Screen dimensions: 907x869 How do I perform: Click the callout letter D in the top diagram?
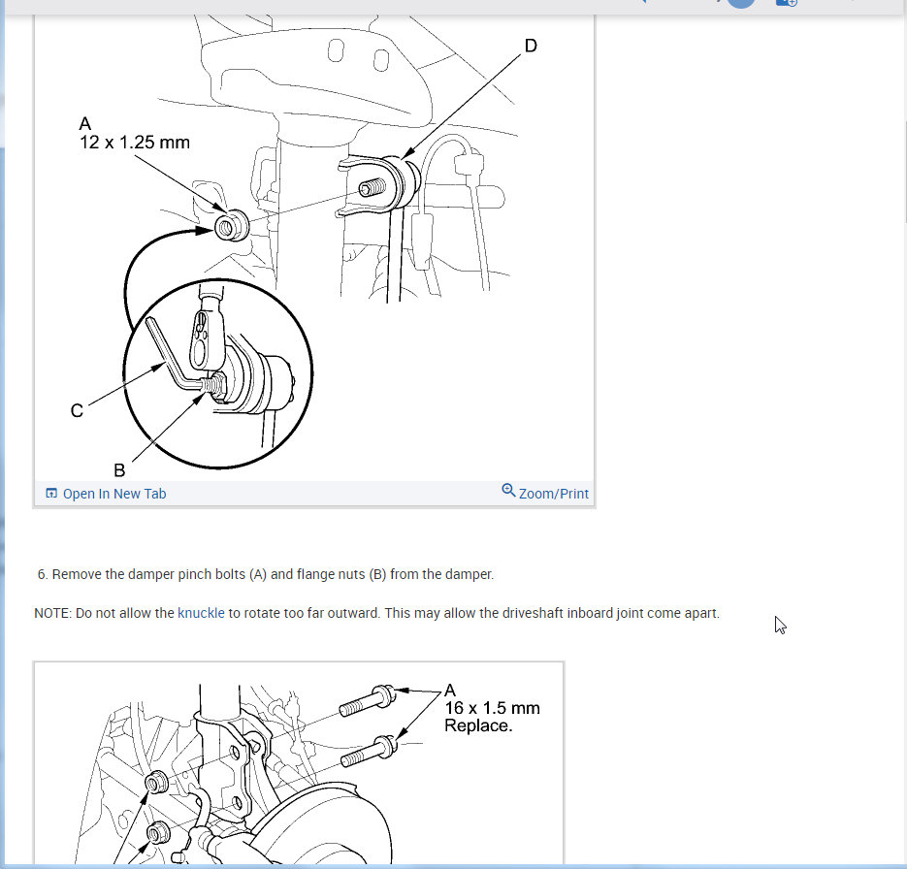click(531, 46)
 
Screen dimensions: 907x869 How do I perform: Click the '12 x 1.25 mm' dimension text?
click(135, 143)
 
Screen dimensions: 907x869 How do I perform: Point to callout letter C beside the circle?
click(77, 410)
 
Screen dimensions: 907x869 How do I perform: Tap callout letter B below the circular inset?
click(119, 470)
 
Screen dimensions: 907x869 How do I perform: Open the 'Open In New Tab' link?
click(114, 494)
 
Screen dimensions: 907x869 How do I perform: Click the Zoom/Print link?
click(554, 494)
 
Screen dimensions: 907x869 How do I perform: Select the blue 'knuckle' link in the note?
click(201, 613)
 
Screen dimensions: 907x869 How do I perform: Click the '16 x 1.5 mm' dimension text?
click(492, 708)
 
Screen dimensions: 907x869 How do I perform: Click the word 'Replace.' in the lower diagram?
click(478, 725)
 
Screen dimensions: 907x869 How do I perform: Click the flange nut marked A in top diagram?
click(232, 226)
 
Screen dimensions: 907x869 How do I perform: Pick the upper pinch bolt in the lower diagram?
click(368, 700)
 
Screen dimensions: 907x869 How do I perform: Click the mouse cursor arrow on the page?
click(780, 625)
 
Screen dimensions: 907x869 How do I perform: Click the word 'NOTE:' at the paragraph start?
click(52, 613)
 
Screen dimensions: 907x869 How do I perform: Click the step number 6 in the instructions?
click(43, 574)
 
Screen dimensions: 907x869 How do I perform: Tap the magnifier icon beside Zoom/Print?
click(508, 491)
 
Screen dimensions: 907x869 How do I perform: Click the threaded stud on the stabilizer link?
click(373, 188)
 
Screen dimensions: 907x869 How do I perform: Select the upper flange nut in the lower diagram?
click(156, 783)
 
